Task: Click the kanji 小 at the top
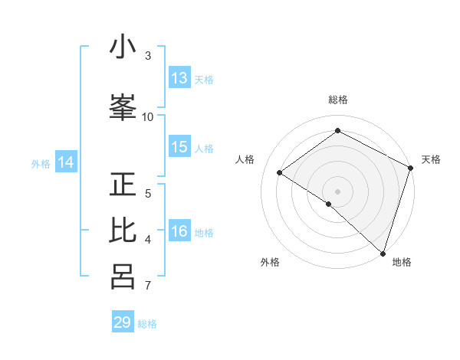tap(123, 47)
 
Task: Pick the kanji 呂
tap(123, 277)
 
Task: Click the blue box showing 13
tap(179, 78)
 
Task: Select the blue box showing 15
tap(179, 147)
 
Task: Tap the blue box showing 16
tap(179, 232)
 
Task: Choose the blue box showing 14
tap(66, 162)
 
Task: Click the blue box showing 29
tap(123, 322)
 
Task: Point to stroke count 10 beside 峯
tap(148, 116)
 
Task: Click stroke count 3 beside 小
tap(148, 56)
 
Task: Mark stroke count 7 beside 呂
tap(148, 286)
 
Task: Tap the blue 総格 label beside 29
tap(147, 324)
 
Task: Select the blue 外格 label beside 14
tap(41, 163)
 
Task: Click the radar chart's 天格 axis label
tap(431, 159)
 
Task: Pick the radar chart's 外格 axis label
tap(270, 262)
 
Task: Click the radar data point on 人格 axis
tap(280, 172)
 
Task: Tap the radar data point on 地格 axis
tap(382, 252)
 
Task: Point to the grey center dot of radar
tap(337, 191)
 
